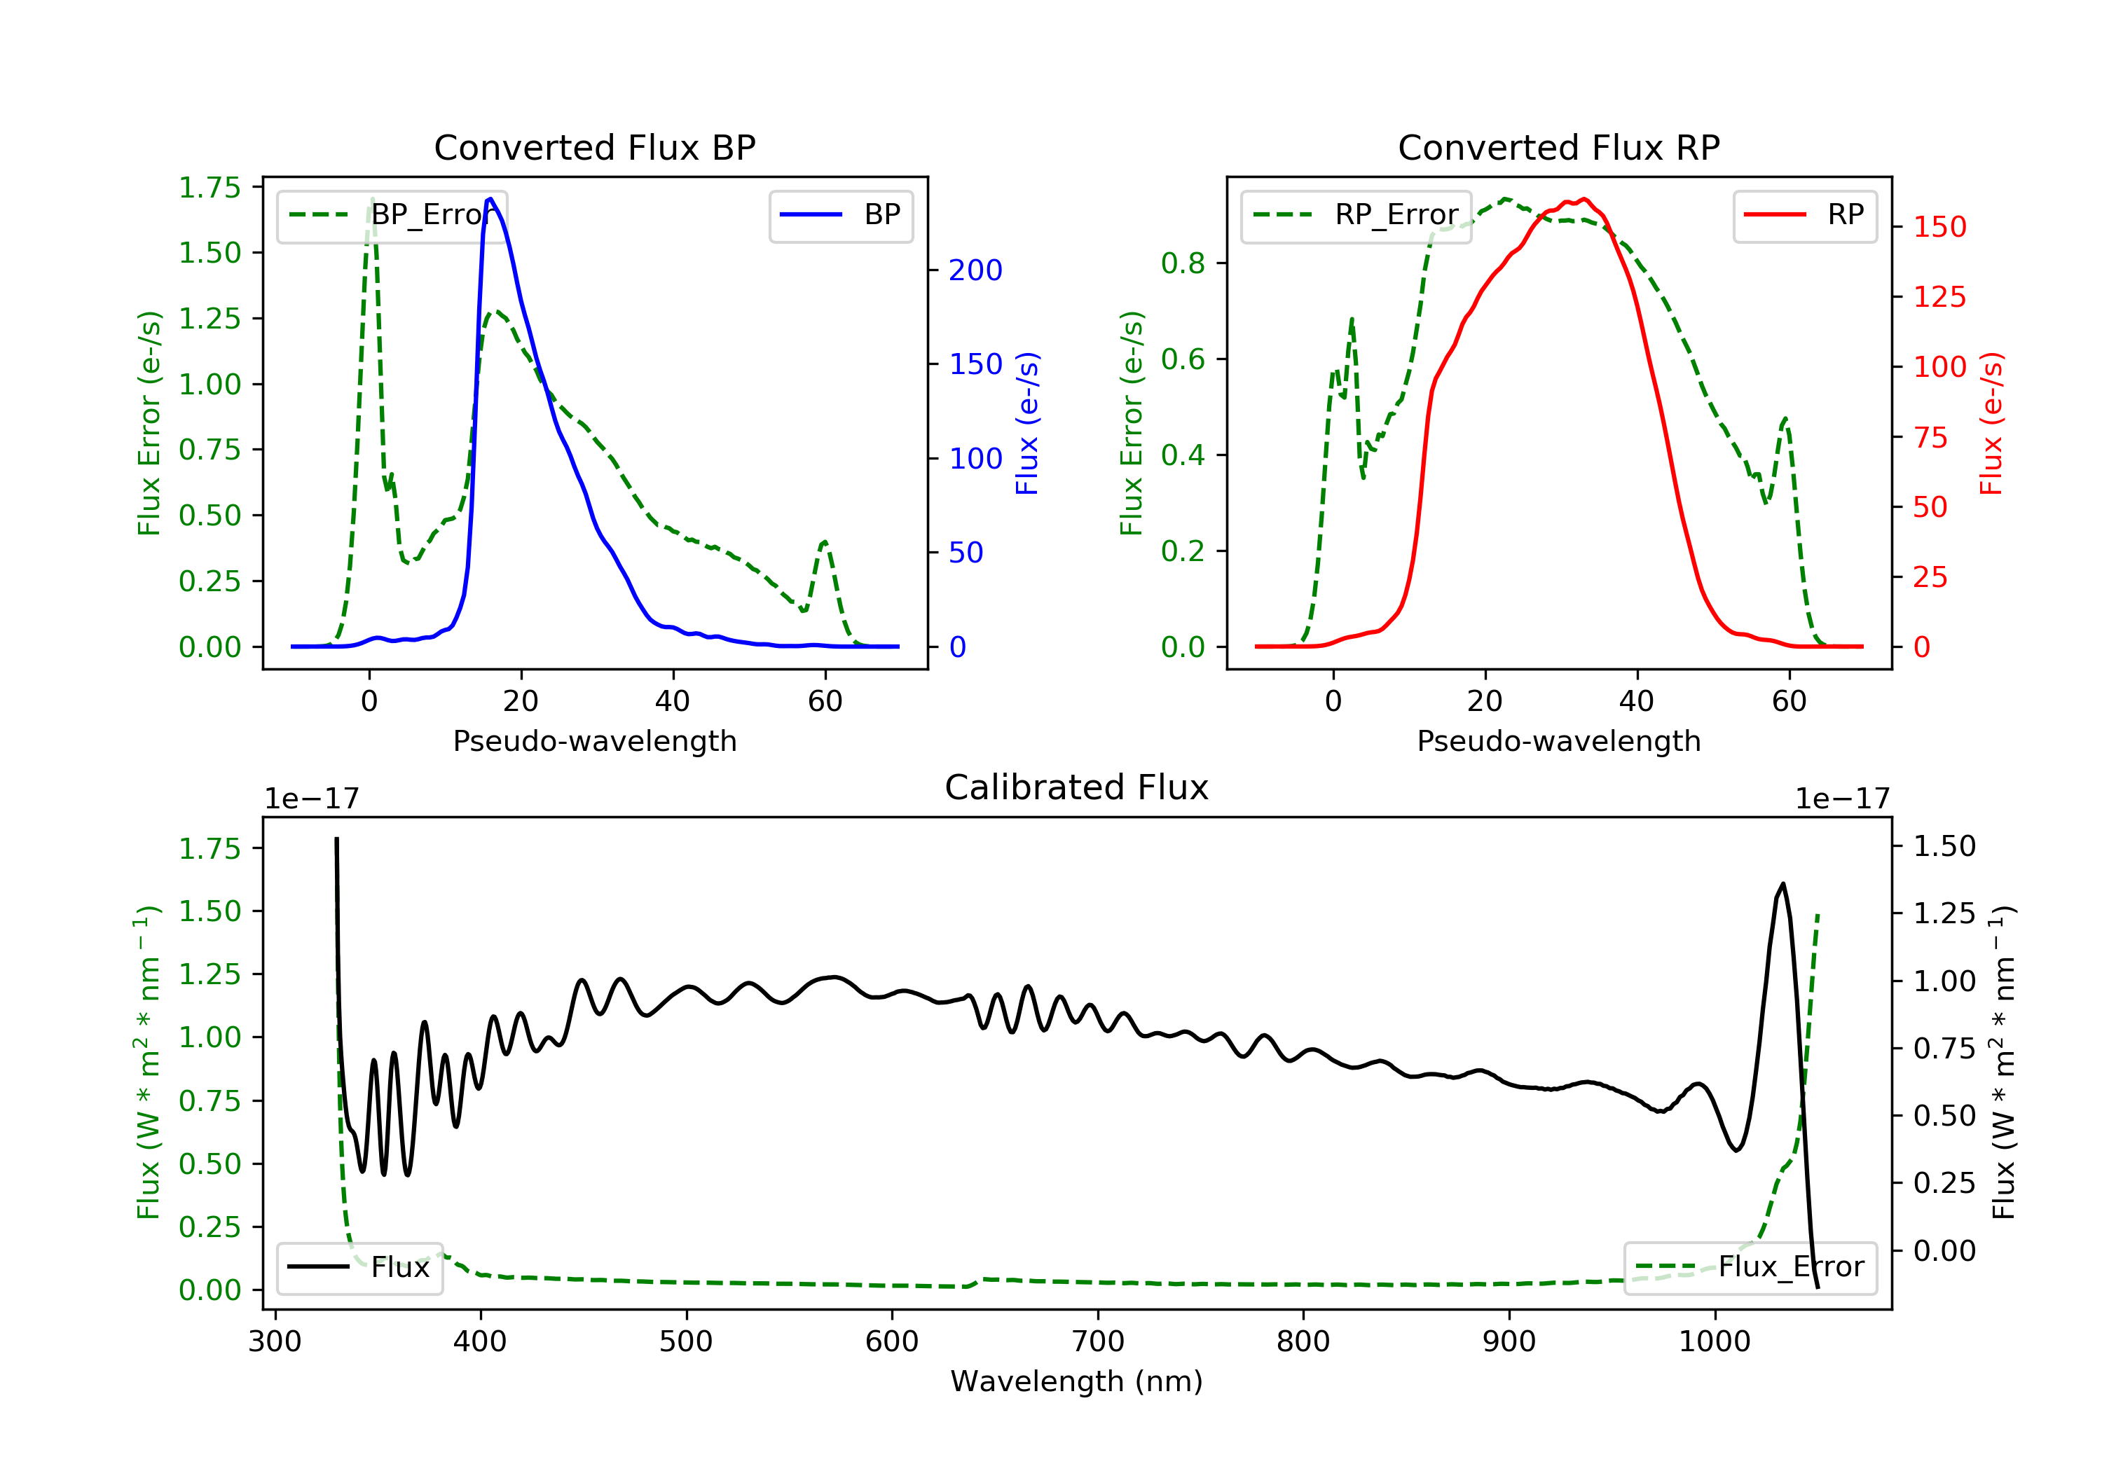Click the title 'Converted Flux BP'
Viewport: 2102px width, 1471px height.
click(594, 147)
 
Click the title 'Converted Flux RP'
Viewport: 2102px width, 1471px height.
click(1558, 147)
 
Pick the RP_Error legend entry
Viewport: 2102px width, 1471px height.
click(1356, 216)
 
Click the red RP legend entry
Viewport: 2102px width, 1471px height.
click(1804, 216)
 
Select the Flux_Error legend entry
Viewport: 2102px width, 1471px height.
click(1750, 1268)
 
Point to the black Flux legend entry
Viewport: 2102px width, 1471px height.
click(360, 1268)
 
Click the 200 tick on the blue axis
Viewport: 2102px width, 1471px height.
click(975, 270)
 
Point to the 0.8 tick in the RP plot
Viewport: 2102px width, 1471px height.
click(1182, 263)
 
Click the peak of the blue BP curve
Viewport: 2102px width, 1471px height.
click(490, 199)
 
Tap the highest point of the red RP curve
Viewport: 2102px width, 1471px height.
click(1585, 199)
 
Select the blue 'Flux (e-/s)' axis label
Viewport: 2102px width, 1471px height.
click(1027, 424)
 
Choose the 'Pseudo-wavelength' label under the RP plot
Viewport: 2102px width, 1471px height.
click(1558, 740)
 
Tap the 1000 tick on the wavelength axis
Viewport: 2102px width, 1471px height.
click(1714, 1341)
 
